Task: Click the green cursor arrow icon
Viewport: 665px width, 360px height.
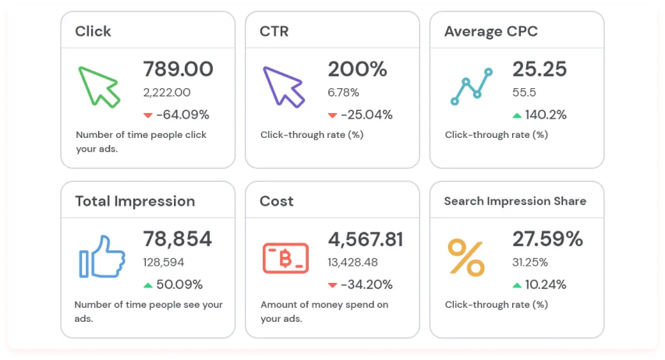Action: pyautogui.click(x=99, y=86)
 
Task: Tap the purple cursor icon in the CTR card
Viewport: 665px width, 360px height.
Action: pyautogui.click(x=283, y=86)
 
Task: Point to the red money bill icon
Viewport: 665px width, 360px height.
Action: pyautogui.click(x=285, y=257)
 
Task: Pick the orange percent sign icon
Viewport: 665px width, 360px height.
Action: pyautogui.click(x=466, y=257)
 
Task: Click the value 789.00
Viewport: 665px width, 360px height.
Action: pyautogui.click(x=178, y=69)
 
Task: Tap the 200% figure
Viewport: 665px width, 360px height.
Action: pyautogui.click(x=357, y=69)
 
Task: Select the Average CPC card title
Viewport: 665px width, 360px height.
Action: pyautogui.click(x=490, y=31)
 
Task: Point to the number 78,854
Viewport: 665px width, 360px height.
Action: pyautogui.click(x=178, y=239)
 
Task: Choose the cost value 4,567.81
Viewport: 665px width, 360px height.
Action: pyautogui.click(x=366, y=239)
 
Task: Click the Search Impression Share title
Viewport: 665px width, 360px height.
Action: pyautogui.click(x=515, y=201)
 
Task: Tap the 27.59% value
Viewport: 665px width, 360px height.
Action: pyautogui.click(x=547, y=239)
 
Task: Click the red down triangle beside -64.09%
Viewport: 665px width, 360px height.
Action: pyautogui.click(x=148, y=115)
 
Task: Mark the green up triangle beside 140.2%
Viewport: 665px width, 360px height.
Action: pyautogui.click(x=517, y=115)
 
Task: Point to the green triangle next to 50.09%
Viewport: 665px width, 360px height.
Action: pyautogui.click(x=148, y=285)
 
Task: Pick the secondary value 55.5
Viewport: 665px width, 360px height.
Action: pyautogui.click(x=523, y=92)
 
